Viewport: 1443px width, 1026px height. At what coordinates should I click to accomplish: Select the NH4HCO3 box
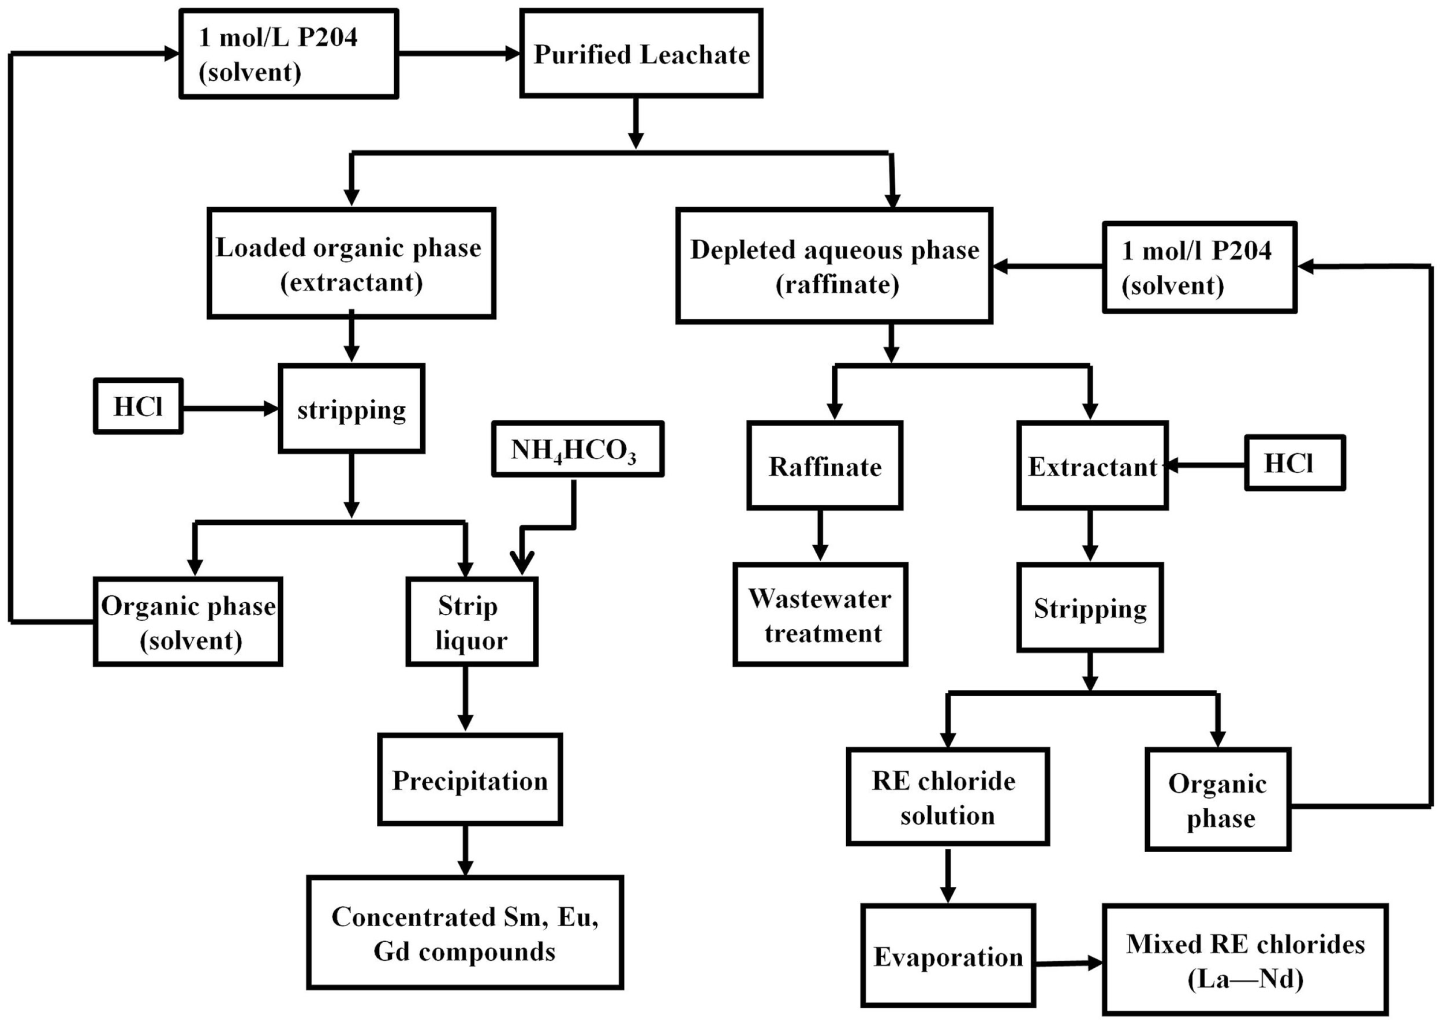pyautogui.click(x=577, y=449)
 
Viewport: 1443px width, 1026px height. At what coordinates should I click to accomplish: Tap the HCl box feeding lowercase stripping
pyautogui.click(x=138, y=406)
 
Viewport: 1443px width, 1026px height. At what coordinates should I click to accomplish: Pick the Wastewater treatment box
pyautogui.click(x=820, y=615)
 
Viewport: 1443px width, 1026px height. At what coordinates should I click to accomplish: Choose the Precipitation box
pyautogui.click(x=469, y=780)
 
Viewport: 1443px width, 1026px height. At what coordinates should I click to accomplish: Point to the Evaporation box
pyautogui.click(x=947, y=956)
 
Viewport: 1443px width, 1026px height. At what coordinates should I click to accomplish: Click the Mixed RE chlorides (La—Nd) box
pyautogui.click(x=1244, y=960)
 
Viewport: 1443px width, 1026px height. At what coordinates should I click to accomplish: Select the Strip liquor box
pyautogui.click(x=471, y=622)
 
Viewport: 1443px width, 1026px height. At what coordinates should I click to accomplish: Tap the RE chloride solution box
pyautogui.click(x=947, y=797)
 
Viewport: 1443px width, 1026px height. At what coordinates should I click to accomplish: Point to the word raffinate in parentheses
pyautogui.click(x=837, y=285)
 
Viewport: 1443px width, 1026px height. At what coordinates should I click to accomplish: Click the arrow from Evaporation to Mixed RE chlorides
pyautogui.click(x=1068, y=964)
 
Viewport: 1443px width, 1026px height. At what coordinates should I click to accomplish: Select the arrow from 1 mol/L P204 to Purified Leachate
pyautogui.click(x=458, y=54)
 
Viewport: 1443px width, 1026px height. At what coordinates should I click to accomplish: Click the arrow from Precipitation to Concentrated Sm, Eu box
pyautogui.click(x=465, y=850)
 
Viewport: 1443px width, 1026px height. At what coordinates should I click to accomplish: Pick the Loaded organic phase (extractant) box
pyautogui.click(x=351, y=263)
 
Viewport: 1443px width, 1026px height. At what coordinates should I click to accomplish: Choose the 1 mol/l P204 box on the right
pyautogui.click(x=1199, y=267)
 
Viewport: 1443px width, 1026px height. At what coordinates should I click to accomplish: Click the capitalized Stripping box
pyautogui.click(x=1089, y=608)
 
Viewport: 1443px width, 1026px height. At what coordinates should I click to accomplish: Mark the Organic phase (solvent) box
pyautogui.click(x=188, y=622)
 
